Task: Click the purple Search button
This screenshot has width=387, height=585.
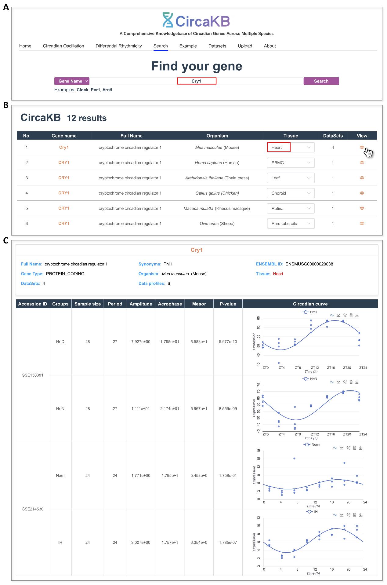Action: [x=321, y=81]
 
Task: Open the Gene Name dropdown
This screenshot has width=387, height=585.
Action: [x=72, y=81]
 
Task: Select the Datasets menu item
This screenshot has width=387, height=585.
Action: [x=217, y=46]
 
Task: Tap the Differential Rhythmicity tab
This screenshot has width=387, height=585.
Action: [x=118, y=46]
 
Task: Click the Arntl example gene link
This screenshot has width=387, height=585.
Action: [x=107, y=90]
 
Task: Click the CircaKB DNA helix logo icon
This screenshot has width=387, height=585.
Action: [x=168, y=20]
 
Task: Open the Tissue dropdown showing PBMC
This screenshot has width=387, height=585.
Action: [x=291, y=163]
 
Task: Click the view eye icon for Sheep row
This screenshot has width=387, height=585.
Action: [x=362, y=223]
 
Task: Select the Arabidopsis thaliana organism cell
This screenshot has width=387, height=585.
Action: [x=217, y=178]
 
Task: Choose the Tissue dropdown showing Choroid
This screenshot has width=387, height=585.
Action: [x=291, y=193]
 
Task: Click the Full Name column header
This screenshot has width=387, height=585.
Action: [x=131, y=136]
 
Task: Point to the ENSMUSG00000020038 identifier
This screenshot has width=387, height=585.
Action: [x=309, y=264]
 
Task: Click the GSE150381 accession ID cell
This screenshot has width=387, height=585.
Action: [x=32, y=375]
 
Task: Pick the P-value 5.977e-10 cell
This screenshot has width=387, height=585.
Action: [x=228, y=342]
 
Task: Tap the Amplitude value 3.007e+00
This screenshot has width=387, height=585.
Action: [x=141, y=542]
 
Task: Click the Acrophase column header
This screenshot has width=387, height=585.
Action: [x=170, y=304]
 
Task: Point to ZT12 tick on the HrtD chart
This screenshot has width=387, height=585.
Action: [x=315, y=368]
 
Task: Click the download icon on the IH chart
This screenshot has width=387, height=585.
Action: [x=361, y=515]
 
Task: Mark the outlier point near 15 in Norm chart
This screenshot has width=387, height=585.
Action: [x=294, y=459]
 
